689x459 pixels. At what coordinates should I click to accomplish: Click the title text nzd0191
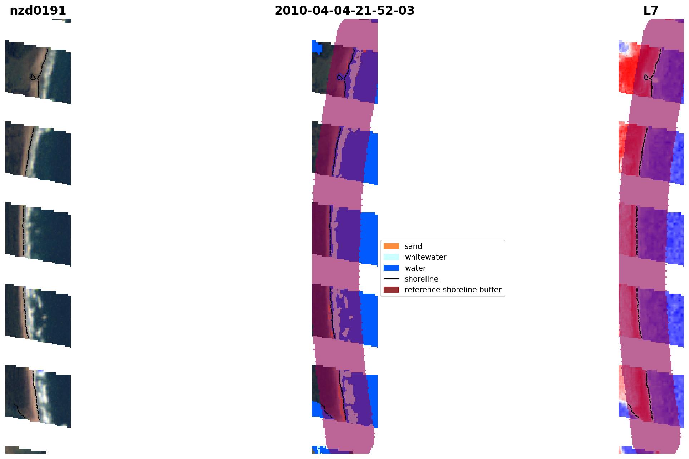(x=38, y=11)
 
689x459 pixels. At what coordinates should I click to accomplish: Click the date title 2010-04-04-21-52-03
(x=344, y=11)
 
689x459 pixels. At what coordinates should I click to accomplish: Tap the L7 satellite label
(x=651, y=11)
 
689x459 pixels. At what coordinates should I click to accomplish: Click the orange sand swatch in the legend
(x=391, y=246)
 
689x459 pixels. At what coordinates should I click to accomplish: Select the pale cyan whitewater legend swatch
(x=391, y=257)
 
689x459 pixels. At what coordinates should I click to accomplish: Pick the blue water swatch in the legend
(x=391, y=268)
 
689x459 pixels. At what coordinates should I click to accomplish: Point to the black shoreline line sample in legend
(x=391, y=279)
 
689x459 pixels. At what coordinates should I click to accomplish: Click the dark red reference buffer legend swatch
(x=391, y=289)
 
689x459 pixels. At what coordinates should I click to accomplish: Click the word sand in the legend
(x=413, y=246)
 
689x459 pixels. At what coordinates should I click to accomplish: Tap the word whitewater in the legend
(x=425, y=257)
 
